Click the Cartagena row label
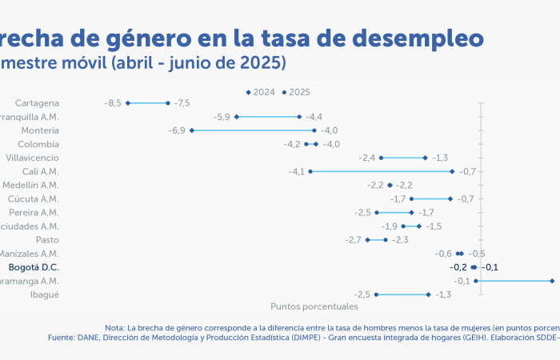pos(37,103)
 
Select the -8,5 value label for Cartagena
pos(113,103)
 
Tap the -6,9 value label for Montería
pos(177,130)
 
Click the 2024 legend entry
pos(260,92)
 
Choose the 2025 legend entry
pos(297,92)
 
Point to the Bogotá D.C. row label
pos(33,267)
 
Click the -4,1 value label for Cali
pos(296,171)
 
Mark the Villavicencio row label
pos(32,158)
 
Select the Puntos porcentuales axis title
pos(314,306)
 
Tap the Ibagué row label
pos(44,294)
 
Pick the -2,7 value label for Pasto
pos(353,240)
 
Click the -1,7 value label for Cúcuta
pos(398,198)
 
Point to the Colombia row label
pos(38,144)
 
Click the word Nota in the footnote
pos(114,327)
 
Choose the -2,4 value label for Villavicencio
pos(367,158)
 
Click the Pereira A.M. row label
pos(34,213)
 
